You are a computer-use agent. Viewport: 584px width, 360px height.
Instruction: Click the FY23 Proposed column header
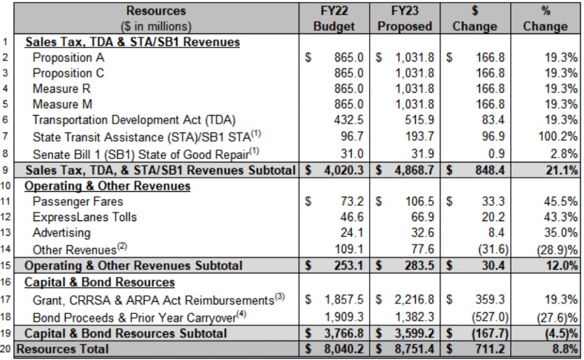[x=405, y=19]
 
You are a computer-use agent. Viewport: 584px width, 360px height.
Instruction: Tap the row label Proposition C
[x=68, y=73]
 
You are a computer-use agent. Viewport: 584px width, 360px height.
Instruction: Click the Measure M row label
[x=62, y=104]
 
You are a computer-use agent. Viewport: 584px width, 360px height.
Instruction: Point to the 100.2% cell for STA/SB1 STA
[x=558, y=136]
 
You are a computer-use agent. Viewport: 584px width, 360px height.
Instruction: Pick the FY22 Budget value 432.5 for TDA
[x=349, y=120]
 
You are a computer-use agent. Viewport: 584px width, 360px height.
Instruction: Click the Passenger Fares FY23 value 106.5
[x=420, y=202]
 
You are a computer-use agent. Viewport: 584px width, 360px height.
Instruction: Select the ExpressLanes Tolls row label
[x=84, y=217]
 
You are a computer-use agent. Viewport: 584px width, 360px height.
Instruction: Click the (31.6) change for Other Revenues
[x=493, y=248]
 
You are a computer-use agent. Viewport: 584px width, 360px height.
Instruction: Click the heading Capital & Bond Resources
[x=100, y=282]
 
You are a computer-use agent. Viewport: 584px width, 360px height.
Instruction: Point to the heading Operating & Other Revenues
[x=107, y=186]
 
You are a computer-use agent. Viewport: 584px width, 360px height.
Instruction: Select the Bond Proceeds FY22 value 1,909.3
[x=344, y=317]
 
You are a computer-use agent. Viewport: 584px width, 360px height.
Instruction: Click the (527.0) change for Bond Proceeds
[x=490, y=317]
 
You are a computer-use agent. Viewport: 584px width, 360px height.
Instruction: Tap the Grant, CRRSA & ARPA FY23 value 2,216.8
[x=414, y=299]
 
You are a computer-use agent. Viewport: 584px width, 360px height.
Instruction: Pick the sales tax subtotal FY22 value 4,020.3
[x=343, y=170]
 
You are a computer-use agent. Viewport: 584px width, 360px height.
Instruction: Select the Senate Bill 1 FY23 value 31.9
[x=422, y=153]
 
